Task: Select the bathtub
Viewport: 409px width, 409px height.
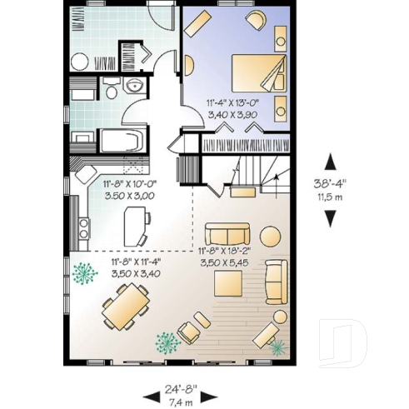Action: [x=124, y=140]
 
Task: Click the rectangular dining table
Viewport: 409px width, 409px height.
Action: [x=126, y=306]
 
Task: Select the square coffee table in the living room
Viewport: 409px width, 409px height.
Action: [x=229, y=283]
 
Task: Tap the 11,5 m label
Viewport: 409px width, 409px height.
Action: [x=330, y=197]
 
